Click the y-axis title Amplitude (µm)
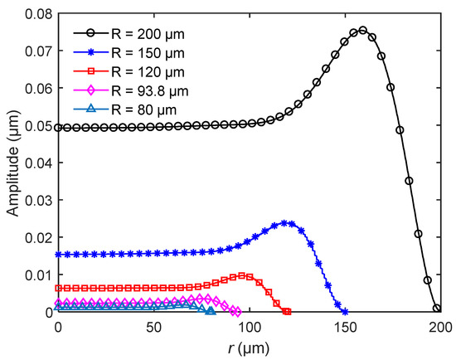pyautogui.click(x=12, y=163)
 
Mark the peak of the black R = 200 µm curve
pyautogui.click(x=362, y=30)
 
